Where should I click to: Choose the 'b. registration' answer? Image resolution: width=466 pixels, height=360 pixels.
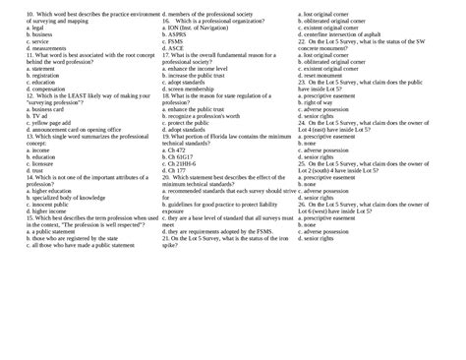26,75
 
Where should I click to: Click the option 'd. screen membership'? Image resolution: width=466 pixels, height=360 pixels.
190,88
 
